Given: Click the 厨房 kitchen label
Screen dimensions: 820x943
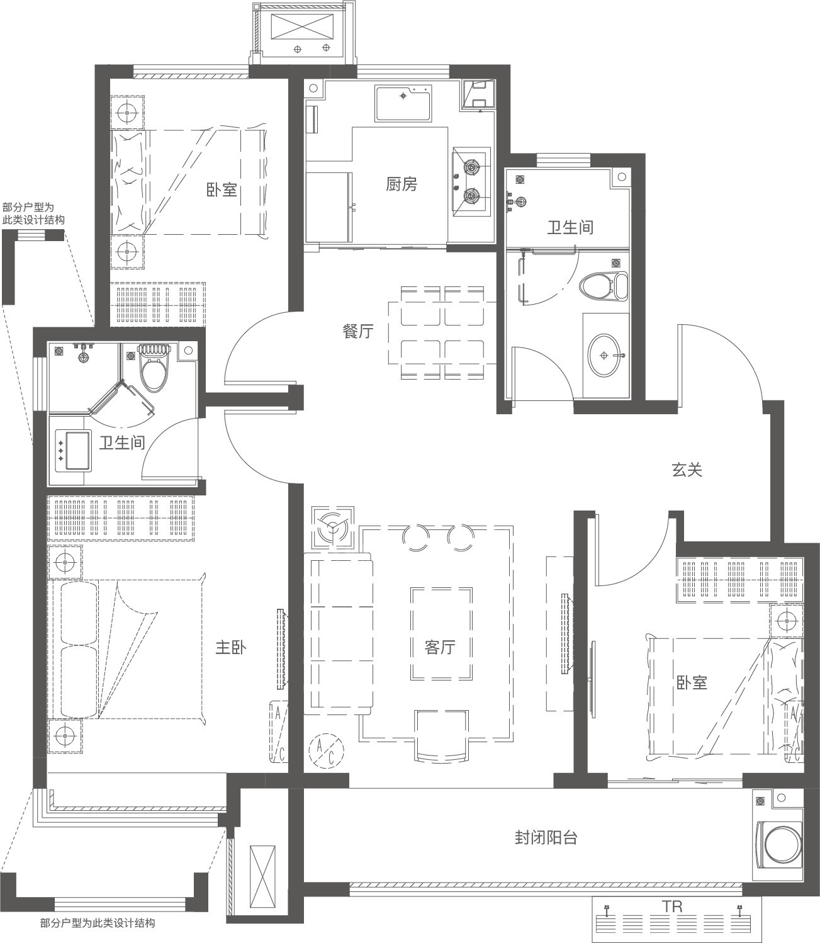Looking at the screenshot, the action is pyautogui.click(x=402, y=184).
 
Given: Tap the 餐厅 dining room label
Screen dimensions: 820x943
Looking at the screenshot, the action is pyautogui.click(x=357, y=331).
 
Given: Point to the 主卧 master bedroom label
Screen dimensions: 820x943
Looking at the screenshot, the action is pyautogui.click(x=231, y=648).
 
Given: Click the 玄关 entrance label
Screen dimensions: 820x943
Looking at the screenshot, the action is pyautogui.click(x=687, y=470).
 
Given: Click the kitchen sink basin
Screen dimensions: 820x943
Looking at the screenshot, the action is pyautogui.click(x=403, y=103).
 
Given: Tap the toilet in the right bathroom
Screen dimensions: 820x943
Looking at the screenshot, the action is pyautogui.click(x=603, y=286).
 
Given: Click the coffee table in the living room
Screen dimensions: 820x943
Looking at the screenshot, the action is pyautogui.click(x=441, y=634).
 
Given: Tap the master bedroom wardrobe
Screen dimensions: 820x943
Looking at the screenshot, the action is pyautogui.click(x=121, y=518).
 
